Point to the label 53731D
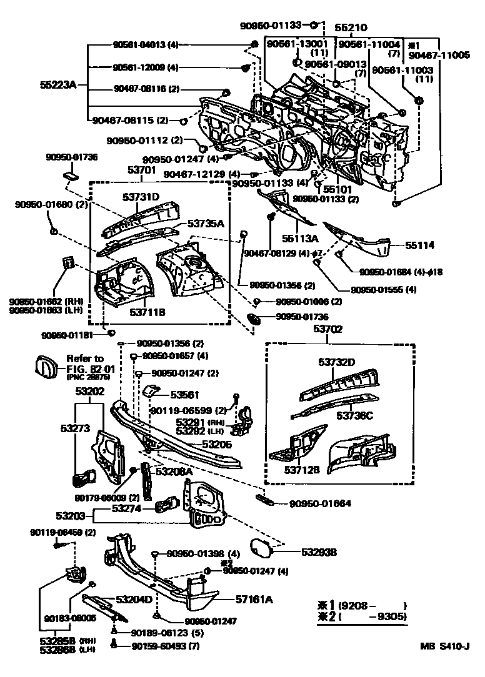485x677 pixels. pyautogui.click(x=140, y=198)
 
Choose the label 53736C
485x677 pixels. pyautogui.click(x=355, y=415)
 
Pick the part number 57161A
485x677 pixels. pyautogui.click(x=254, y=600)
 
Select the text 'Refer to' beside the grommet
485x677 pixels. pyautogui.click(x=84, y=358)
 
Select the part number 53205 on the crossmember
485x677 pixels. pyautogui.click(x=216, y=444)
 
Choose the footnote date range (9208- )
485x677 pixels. pyautogui.click(x=372, y=605)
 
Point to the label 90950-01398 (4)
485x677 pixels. pyautogui.click(x=203, y=554)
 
